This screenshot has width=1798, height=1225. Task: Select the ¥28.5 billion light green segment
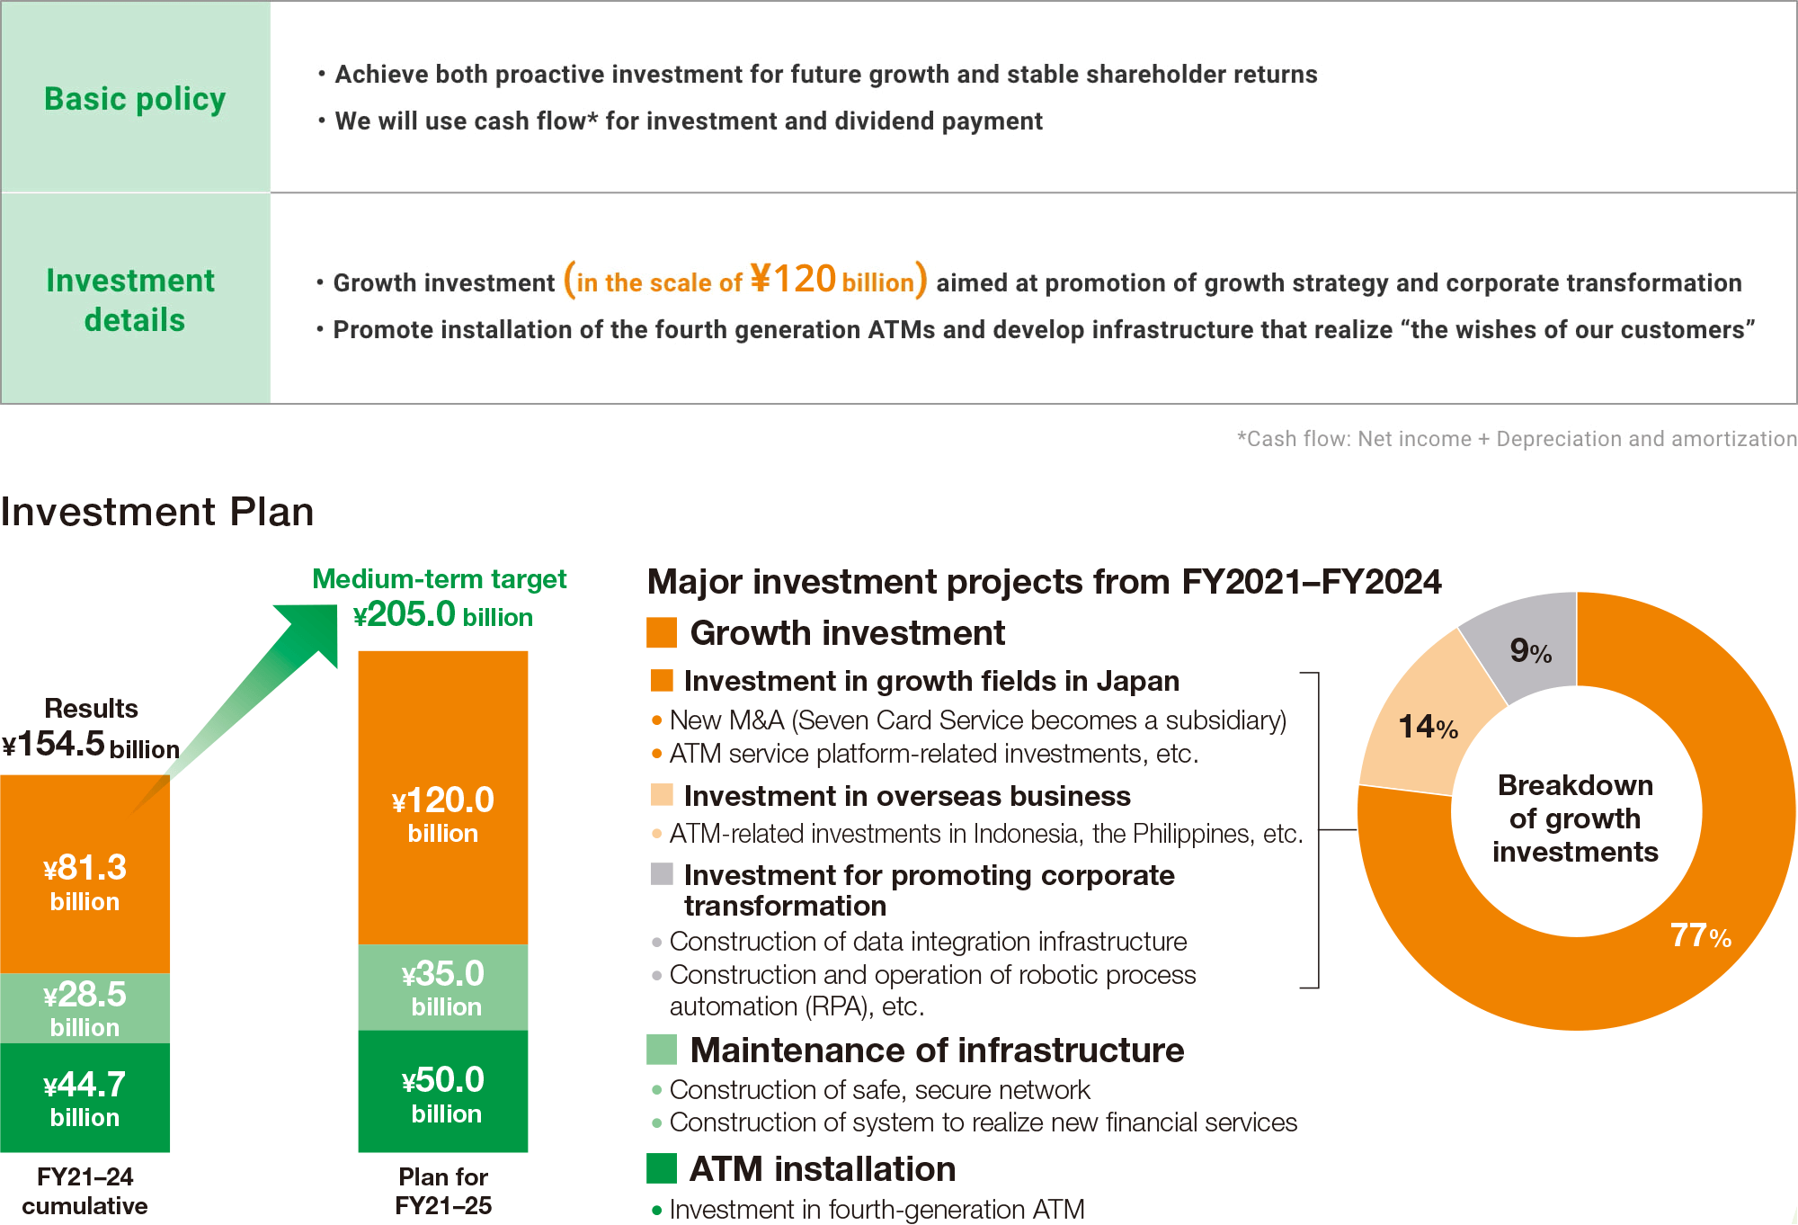pyautogui.click(x=85, y=1008)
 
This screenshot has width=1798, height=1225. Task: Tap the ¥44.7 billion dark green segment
pyautogui.click(x=85, y=1097)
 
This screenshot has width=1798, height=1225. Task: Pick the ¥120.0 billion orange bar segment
pyautogui.click(x=442, y=809)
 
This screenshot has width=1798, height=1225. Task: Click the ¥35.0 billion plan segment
pyautogui.click(x=442, y=987)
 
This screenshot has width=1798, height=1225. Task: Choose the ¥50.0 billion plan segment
pyautogui.click(x=442, y=1092)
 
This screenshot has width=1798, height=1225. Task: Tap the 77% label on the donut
pyautogui.click(x=1700, y=935)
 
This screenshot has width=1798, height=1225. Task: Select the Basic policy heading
pyautogui.click(x=135, y=98)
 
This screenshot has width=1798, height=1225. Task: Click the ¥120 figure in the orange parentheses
pyautogui.click(x=793, y=279)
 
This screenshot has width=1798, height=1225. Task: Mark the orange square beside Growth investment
pyautogui.click(x=662, y=632)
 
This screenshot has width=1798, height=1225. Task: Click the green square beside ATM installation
pyautogui.click(x=662, y=1168)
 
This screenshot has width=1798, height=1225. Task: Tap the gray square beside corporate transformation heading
pyautogui.click(x=662, y=874)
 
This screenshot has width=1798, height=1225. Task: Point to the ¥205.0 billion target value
pyautogui.click(x=442, y=615)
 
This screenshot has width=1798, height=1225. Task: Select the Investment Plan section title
pyautogui.click(x=157, y=512)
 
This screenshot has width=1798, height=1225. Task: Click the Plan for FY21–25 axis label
pyautogui.click(x=442, y=1190)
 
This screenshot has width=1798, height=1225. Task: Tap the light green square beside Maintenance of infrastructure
pyautogui.click(x=662, y=1050)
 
